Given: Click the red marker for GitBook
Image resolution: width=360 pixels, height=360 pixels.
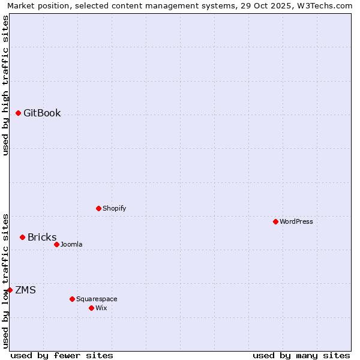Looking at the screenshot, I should tap(18, 113).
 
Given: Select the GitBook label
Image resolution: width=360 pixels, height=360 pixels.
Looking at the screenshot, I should tap(42, 113).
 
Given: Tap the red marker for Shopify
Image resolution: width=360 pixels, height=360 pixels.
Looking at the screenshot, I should tap(98, 208).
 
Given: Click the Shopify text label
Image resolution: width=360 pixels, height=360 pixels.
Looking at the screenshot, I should tap(114, 209).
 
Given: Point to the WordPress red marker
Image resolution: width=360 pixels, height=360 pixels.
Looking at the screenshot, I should tap(275, 221).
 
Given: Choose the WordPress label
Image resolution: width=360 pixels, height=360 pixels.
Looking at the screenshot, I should tap(296, 222).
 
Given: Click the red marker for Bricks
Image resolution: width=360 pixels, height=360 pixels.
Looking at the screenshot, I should tap(22, 237).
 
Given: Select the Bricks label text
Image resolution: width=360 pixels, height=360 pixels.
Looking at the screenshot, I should tap(42, 238).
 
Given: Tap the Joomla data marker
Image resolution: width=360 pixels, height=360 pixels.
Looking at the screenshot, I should tap(56, 244).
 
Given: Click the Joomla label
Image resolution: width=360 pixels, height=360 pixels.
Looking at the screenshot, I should tap(71, 245).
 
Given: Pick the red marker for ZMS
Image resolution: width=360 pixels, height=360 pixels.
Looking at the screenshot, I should tap(10, 290).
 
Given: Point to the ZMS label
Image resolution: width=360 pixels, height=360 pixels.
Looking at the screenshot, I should tap(25, 290).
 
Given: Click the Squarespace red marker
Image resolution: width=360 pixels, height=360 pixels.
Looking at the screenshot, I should tap(72, 299).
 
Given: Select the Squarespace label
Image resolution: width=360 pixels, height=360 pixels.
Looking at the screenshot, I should tap(97, 299).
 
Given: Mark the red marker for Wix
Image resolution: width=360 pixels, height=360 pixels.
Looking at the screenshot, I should tap(91, 308).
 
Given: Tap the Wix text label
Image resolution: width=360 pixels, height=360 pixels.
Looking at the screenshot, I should tap(101, 308).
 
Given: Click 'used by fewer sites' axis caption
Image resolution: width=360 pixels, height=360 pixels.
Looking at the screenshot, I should tap(62, 355).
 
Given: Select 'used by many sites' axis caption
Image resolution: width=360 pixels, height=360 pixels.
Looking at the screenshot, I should tap(301, 355).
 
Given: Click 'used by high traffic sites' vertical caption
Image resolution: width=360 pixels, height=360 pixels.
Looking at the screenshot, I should tap(6, 85).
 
